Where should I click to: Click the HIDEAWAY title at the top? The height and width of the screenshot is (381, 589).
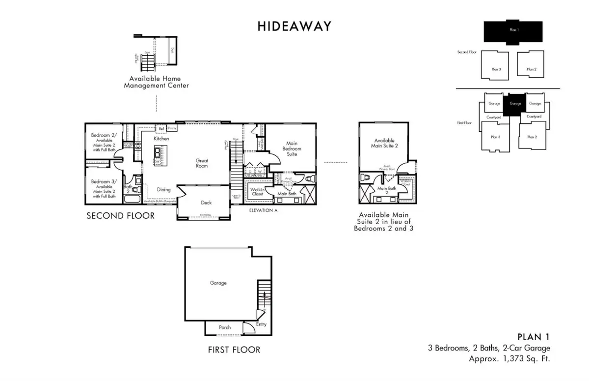tap(294, 27)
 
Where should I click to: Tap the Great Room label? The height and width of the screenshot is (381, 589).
tap(202, 163)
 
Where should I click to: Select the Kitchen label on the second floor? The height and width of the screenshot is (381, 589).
tap(161, 139)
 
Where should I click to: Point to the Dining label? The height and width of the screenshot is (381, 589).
tap(163, 189)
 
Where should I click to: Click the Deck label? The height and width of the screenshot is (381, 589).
tap(206, 202)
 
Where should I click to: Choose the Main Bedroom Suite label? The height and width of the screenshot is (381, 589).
tap(294, 149)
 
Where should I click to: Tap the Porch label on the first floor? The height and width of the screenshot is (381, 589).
tap(224, 327)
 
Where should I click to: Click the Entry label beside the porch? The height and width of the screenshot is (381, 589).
tap(261, 324)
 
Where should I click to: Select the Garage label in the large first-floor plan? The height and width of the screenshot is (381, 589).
tap(218, 283)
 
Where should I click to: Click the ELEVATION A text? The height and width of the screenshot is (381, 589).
tap(263, 210)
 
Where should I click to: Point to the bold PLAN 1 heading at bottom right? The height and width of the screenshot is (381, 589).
tap(534, 337)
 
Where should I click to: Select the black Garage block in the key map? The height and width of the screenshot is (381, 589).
tap(515, 104)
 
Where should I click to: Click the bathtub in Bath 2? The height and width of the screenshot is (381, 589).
tap(132, 200)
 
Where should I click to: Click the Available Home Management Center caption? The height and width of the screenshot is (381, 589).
tap(156, 82)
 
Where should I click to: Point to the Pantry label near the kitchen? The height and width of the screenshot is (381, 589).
tap(172, 128)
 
